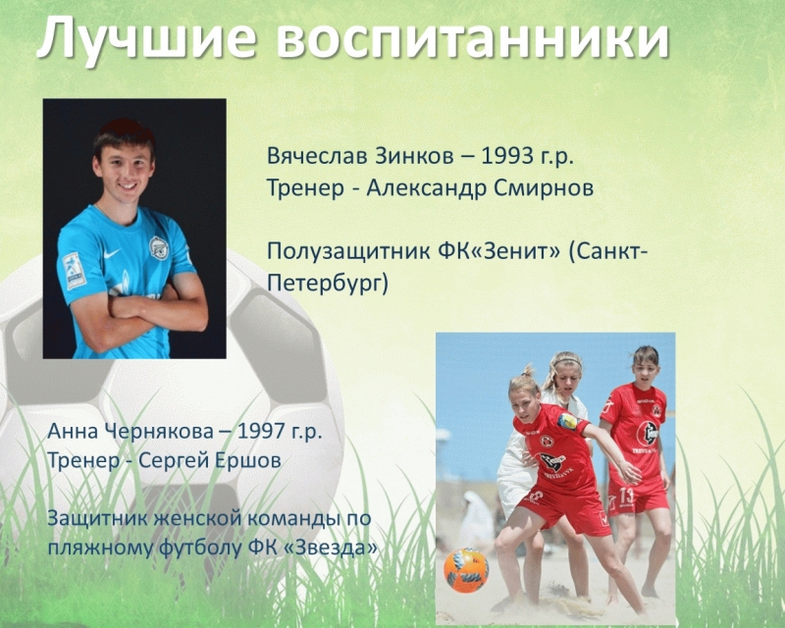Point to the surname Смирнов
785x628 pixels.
544,188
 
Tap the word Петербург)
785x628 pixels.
328,283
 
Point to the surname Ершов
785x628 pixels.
248,460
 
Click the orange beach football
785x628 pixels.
465,570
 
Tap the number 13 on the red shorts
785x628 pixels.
627,496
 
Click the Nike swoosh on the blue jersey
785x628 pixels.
111,254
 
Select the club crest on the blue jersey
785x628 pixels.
159,247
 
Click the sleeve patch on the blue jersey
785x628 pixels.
73,271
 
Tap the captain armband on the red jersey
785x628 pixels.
567,422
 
